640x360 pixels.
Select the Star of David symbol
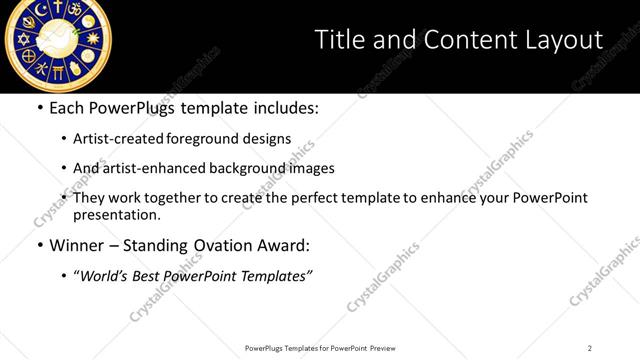(24, 39)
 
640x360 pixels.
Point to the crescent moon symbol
(40, 10)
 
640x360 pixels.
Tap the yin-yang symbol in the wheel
(89, 21)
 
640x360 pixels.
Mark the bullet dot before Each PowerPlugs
(39, 109)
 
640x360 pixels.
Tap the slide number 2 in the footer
(590, 348)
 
